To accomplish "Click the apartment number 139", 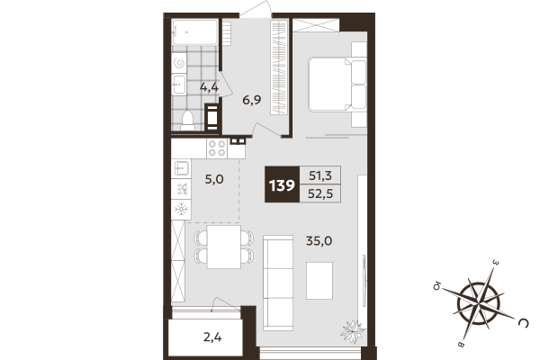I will click(281, 186).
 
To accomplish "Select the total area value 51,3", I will click(320, 177).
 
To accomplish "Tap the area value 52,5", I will click(320, 196).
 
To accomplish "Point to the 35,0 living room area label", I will click(319, 240).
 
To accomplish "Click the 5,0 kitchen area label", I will click(213, 179).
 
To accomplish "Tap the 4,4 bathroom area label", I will click(210, 87).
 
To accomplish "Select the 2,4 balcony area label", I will click(212, 337).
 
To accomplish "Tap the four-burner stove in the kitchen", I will click(217, 147).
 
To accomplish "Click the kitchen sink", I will click(181, 168).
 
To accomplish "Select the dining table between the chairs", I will click(224, 246).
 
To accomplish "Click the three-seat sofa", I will click(278, 281).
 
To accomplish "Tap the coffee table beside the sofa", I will click(319, 280).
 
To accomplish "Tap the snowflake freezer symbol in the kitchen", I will click(181, 209).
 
